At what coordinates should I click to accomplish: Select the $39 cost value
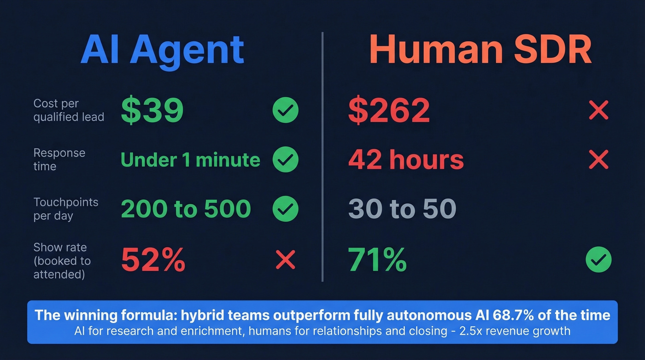point(152,111)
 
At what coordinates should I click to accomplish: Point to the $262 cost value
point(389,111)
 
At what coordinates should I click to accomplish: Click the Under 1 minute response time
point(190,160)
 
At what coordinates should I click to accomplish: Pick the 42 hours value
point(406,160)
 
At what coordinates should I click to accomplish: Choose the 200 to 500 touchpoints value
point(186,209)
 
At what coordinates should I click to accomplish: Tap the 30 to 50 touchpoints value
point(402,209)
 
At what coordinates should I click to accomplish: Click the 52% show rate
point(153,260)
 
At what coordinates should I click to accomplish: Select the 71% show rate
point(377,260)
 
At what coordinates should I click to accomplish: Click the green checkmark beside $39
point(286,111)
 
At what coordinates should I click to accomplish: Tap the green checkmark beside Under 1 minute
point(286,159)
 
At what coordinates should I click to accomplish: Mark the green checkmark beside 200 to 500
point(286,209)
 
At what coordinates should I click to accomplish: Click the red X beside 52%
point(285,260)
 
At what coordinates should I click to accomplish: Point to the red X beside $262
point(598,111)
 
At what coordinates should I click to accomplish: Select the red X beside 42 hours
point(598,159)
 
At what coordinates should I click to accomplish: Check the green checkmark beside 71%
point(598,260)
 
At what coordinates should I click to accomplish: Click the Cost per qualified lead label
point(69,111)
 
